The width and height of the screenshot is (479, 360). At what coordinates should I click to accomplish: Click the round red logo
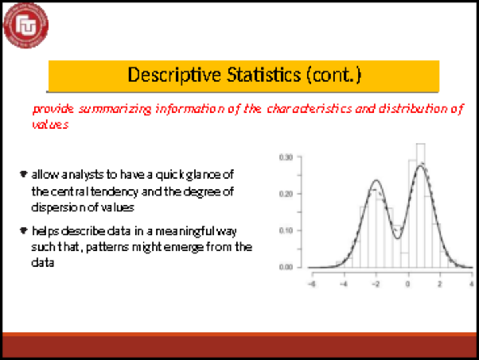pyautogui.click(x=26, y=26)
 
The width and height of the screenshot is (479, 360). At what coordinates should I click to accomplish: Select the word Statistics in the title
pyautogui.click(x=264, y=74)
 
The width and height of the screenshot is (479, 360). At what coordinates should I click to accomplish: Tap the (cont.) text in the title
pyautogui.click(x=334, y=75)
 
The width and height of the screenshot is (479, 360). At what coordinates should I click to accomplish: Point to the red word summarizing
pyautogui.click(x=115, y=109)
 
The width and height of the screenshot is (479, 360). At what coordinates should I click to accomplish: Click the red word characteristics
pyautogui.click(x=309, y=109)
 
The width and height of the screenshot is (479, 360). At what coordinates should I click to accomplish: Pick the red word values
pyautogui.click(x=50, y=125)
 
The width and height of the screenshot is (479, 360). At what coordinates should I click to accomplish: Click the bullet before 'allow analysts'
pyautogui.click(x=23, y=174)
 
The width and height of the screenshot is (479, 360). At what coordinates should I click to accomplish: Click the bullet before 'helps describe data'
pyautogui.click(x=23, y=231)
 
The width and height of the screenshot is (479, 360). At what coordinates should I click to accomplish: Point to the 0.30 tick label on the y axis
pyautogui.click(x=286, y=157)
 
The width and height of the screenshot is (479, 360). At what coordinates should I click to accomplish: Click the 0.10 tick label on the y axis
pyautogui.click(x=286, y=231)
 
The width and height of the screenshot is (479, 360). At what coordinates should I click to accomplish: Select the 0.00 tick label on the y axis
pyautogui.click(x=286, y=267)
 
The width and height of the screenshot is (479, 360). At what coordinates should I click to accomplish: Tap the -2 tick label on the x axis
pyautogui.click(x=376, y=284)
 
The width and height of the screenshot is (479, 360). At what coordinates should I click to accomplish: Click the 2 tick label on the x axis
pyautogui.click(x=440, y=284)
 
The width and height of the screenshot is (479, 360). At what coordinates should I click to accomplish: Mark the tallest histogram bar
pyautogui.click(x=420, y=205)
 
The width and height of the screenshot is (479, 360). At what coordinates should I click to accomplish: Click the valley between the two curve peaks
pyautogui.click(x=398, y=238)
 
